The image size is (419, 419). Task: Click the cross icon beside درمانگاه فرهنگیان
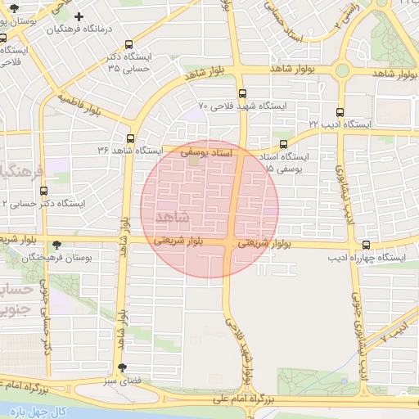coord(79,16)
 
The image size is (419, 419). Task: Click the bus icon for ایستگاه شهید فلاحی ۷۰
coord(242,92)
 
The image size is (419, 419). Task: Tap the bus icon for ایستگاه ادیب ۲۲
coord(340,111)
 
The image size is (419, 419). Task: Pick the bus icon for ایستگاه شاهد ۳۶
coord(129,137)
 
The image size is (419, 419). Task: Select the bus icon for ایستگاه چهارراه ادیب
coord(365,245)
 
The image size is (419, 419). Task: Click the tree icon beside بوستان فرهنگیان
coord(56,244)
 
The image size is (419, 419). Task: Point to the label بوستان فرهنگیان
coord(58,257)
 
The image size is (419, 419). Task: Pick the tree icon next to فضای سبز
coord(122,367)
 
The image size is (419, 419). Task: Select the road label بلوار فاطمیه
coord(91,106)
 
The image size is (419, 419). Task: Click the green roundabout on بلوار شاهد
coord(343,70)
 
